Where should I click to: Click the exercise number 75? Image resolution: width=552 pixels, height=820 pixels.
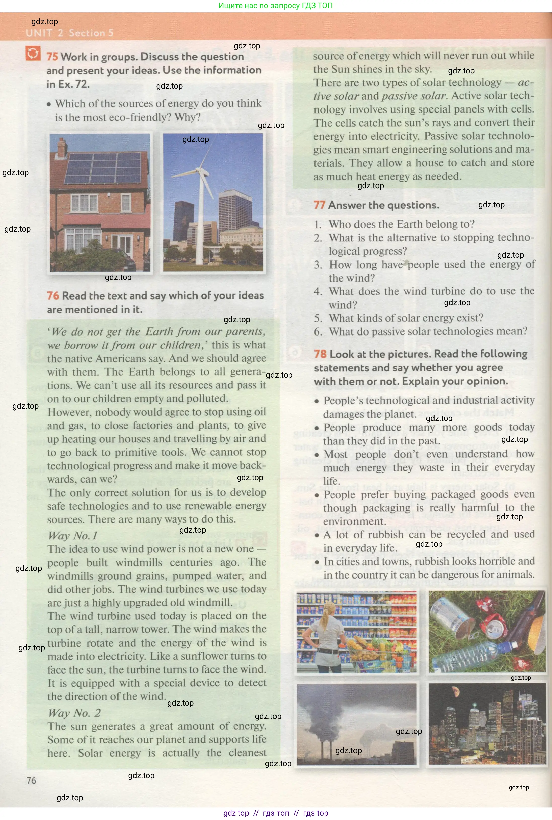(52, 57)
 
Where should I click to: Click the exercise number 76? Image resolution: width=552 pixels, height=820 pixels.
(53, 296)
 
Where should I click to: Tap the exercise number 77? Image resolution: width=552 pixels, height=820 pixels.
(319, 205)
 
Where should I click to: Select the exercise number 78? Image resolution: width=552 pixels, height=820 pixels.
(320, 354)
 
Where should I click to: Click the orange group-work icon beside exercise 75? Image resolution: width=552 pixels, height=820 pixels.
(33, 54)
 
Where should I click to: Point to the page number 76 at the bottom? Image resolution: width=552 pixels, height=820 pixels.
(31, 780)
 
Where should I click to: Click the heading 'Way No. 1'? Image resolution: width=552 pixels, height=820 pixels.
(72, 536)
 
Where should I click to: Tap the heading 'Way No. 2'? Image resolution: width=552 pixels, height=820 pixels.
(74, 713)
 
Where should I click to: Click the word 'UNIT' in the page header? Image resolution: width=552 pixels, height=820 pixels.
(39, 33)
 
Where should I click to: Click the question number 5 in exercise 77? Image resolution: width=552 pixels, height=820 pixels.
(318, 318)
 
